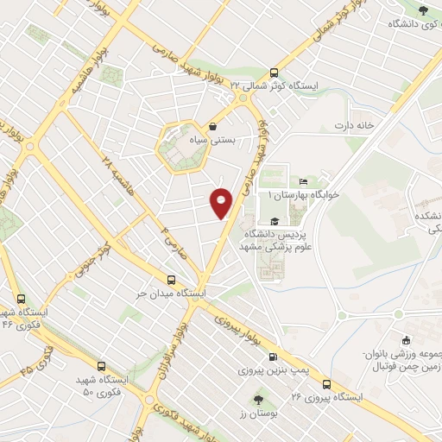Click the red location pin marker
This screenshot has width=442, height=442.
click(x=222, y=202)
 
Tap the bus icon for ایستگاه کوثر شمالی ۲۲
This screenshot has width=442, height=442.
click(x=275, y=73)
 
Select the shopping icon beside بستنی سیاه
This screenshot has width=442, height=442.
click(x=212, y=126)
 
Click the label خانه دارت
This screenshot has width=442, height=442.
click(x=355, y=125)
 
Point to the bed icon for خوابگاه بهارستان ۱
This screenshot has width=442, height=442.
click(x=302, y=181)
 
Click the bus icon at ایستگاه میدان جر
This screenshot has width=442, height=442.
click(x=171, y=281)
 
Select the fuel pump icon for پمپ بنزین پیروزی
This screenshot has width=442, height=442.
click(x=273, y=357)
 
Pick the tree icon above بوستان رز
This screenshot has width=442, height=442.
click(x=259, y=399)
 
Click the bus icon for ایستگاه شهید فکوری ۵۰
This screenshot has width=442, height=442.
click(x=103, y=366)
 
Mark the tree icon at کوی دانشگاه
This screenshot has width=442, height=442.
click(x=422, y=10)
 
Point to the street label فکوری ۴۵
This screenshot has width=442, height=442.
click(x=35, y=353)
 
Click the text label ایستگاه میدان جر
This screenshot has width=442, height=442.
click(x=173, y=294)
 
